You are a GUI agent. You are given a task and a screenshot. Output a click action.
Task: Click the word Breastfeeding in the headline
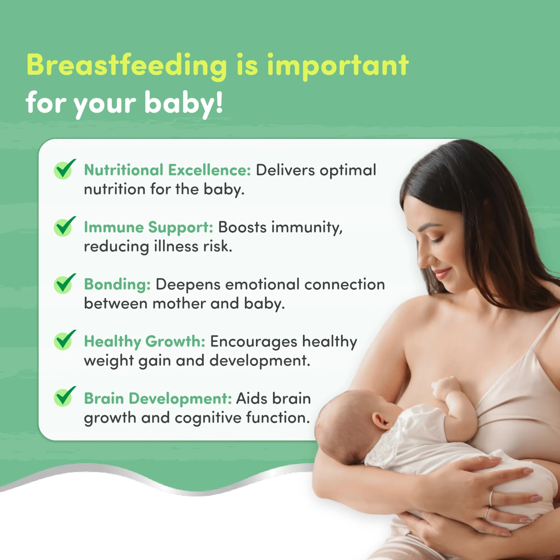point(127,65)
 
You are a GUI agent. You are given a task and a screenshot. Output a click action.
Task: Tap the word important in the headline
point(338,67)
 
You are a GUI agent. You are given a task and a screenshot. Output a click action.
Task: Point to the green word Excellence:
point(209,170)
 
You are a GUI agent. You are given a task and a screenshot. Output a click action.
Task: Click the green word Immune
point(113,227)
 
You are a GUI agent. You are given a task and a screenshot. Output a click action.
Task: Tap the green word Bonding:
point(117,285)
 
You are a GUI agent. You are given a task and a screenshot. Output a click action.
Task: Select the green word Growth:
point(175,341)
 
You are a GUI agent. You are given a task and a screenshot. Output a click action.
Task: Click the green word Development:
point(180,398)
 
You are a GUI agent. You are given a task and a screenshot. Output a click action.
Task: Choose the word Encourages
point(253,342)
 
